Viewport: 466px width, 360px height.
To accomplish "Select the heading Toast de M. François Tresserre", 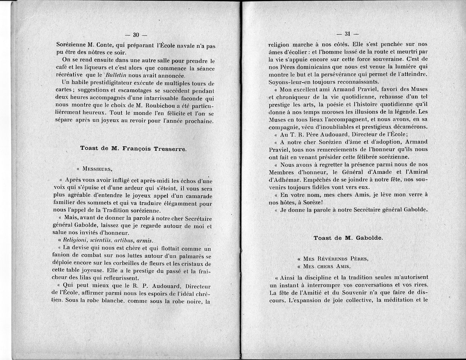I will pos(133,148).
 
